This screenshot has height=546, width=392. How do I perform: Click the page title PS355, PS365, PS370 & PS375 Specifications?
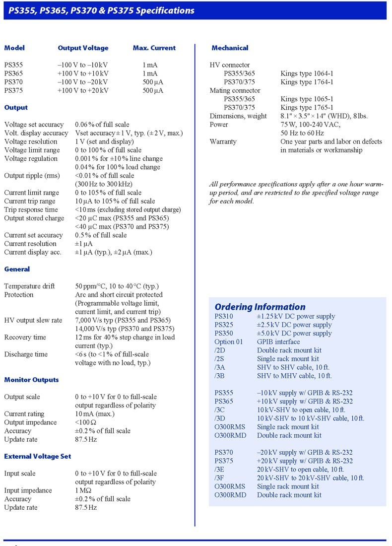[101, 10]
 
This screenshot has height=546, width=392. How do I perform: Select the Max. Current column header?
[154, 48]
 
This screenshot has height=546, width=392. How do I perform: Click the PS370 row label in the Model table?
[13, 82]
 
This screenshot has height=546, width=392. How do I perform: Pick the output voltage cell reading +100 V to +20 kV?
[83, 90]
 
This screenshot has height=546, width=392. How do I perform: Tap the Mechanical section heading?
[230, 48]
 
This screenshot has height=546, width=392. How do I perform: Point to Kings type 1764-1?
[307, 82]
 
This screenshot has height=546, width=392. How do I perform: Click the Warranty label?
[223, 141]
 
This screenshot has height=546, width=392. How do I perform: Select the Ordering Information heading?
[260, 307]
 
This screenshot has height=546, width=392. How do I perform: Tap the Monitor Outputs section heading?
[31, 380]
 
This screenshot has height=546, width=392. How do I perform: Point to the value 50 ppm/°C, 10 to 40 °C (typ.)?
[117, 286]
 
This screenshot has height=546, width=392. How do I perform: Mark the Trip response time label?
[31, 209]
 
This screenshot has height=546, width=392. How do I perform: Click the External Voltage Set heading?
[38, 456]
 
